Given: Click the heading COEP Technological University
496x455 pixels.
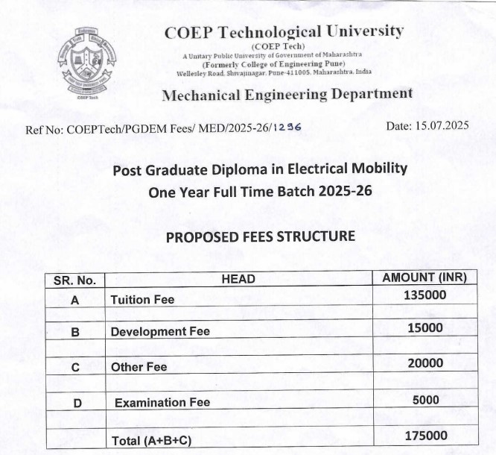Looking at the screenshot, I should (x=284, y=32).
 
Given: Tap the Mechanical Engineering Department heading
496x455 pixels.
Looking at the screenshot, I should (x=287, y=94).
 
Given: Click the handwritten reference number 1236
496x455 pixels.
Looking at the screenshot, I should (x=287, y=128).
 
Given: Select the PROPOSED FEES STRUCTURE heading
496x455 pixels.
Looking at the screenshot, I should (x=260, y=237).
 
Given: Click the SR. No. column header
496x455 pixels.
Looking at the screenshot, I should (x=75, y=280).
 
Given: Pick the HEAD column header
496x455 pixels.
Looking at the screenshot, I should (x=238, y=279).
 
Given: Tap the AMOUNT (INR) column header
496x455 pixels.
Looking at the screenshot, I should (x=424, y=277).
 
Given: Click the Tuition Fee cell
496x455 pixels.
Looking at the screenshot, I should (x=142, y=300).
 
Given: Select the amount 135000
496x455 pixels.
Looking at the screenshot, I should (x=425, y=295).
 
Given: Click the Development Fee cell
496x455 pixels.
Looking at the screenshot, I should (x=160, y=331).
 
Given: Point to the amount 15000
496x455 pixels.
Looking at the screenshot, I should (x=425, y=328).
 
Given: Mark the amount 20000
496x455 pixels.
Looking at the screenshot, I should (x=425, y=363).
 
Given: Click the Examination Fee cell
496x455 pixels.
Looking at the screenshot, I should (x=162, y=402).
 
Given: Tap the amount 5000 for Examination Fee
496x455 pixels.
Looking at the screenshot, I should (x=427, y=400).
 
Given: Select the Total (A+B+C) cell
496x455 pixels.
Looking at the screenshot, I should (x=151, y=441).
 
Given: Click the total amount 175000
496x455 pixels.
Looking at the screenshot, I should (x=425, y=436).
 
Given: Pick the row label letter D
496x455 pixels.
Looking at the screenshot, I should (x=77, y=404).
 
